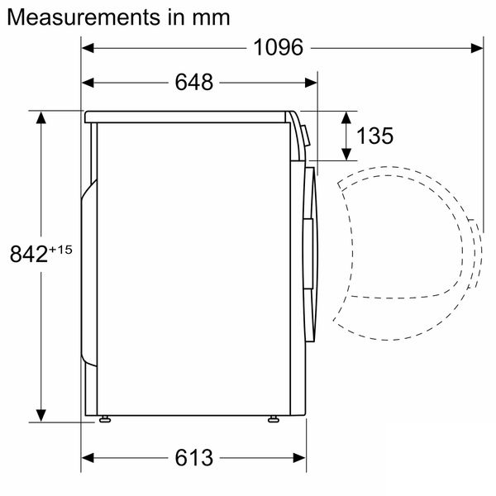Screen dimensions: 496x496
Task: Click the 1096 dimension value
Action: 279,48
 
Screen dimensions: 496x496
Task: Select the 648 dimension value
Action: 194,82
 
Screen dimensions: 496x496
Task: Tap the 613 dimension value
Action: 194,457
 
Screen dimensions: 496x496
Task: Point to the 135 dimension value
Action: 375,136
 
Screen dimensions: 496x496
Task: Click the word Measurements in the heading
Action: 79,17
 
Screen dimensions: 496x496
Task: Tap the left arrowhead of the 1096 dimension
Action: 88,48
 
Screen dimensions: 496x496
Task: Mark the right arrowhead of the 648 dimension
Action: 312,82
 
